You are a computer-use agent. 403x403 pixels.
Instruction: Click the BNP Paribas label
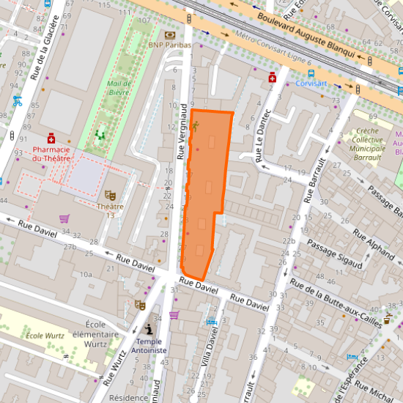[169, 45]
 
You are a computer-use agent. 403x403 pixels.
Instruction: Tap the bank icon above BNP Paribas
[170, 34]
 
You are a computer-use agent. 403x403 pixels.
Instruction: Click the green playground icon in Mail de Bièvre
[100, 135]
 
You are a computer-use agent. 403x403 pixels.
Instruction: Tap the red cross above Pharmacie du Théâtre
[51, 138]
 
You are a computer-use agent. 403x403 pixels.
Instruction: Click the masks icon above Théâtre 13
[110, 195]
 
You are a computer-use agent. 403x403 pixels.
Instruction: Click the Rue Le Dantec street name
[262, 135]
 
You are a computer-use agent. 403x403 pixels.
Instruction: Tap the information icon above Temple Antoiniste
[149, 330]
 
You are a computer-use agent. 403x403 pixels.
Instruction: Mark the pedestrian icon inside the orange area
[195, 125]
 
